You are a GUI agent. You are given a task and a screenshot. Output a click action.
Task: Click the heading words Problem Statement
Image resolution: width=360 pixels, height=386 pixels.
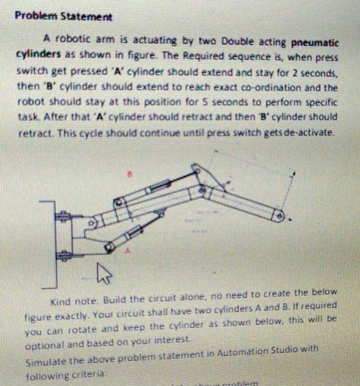[x=63, y=16]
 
